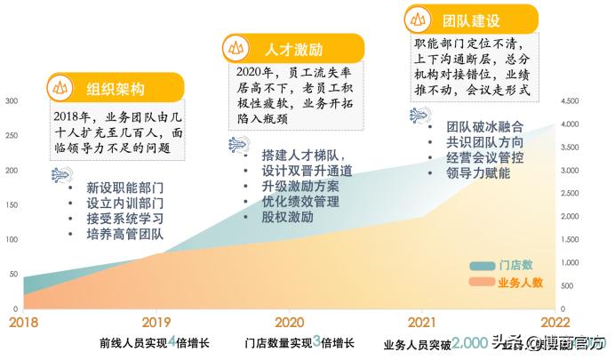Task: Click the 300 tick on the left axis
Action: click(x=12, y=101)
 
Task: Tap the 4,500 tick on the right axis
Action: click(x=570, y=101)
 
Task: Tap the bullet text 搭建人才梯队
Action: click(x=301, y=154)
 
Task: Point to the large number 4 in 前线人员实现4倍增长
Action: click(x=171, y=340)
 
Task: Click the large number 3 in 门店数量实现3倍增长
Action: click(x=316, y=340)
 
